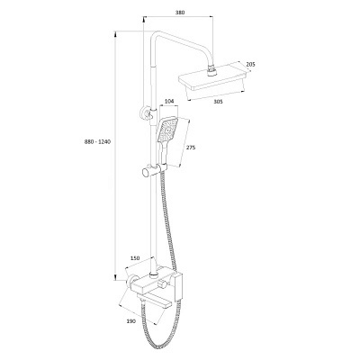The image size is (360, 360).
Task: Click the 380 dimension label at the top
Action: point(180,13)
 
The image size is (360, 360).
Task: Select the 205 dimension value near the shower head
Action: point(250,64)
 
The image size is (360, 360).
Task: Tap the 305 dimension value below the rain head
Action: point(219,102)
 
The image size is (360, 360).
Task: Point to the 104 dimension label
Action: point(169,102)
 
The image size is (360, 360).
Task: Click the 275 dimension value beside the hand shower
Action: point(191,148)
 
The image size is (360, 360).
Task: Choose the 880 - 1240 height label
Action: point(97,142)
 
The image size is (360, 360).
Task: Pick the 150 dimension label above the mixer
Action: point(135,257)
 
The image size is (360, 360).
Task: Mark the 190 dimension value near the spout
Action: point(131,321)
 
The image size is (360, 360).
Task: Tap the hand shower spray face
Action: point(166,130)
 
